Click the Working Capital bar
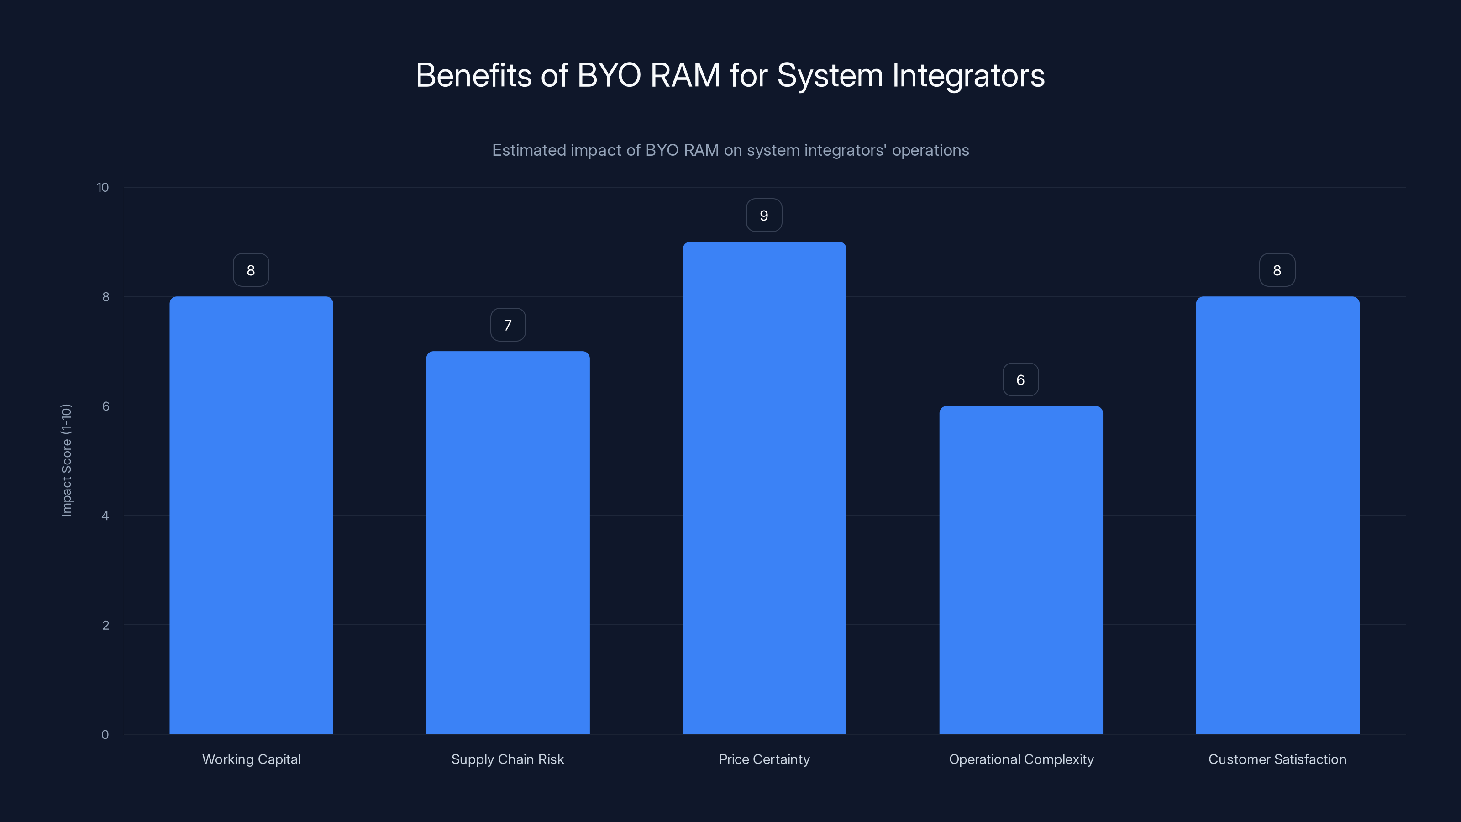[251, 515]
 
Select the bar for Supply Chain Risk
[508, 543]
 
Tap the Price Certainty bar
[764, 488]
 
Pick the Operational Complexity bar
[1021, 569]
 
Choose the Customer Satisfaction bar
[1277, 515]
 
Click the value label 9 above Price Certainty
[764, 216]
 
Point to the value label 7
[508, 325]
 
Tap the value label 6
[1020, 380]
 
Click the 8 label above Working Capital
[251, 271]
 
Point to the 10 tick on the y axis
[103, 188]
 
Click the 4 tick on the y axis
[105, 516]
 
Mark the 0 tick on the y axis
[105, 735]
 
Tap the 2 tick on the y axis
[105, 625]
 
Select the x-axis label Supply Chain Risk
[508, 759]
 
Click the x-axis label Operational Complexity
[1021, 759]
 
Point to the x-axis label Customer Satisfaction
[1277, 759]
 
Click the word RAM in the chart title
[685, 75]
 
